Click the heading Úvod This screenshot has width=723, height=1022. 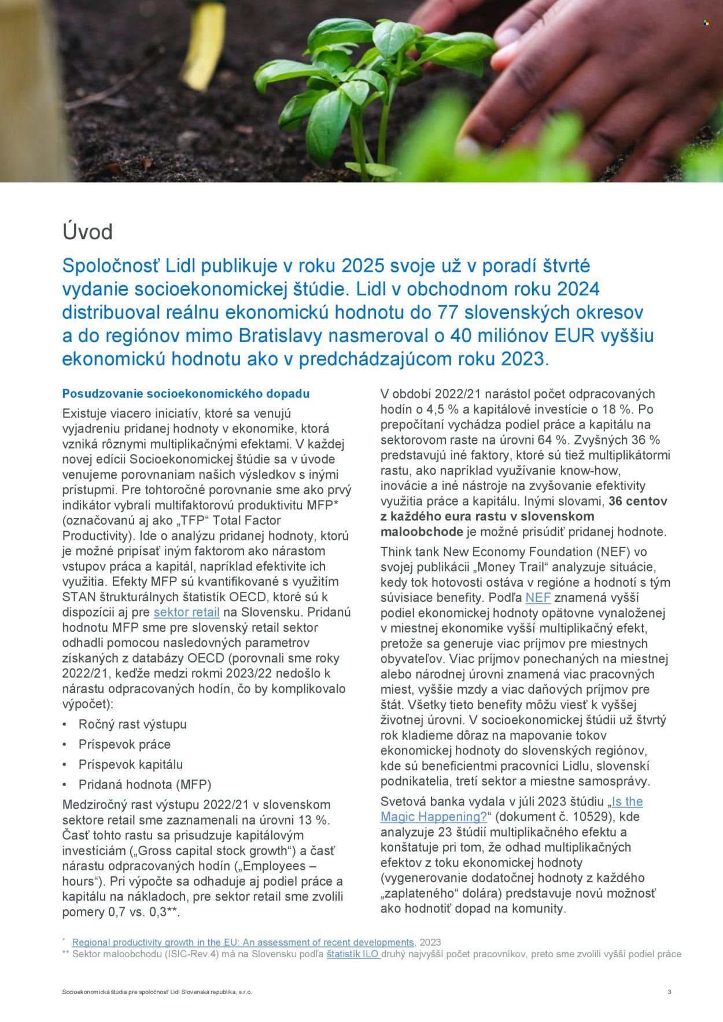[87, 232]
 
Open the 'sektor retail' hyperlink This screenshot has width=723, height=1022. [186, 612]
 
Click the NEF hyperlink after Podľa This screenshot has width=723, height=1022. [537, 598]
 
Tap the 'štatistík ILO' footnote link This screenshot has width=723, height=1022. [353, 954]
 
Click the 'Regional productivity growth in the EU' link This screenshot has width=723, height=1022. [243, 942]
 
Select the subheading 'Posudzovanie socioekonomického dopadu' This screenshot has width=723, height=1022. [186, 394]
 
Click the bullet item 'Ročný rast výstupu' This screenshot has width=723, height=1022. [132, 724]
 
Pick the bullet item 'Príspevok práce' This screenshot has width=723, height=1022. [124, 745]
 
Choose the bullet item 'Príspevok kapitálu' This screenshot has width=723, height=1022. [131, 764]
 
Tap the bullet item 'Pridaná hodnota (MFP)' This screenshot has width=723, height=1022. [145, 784]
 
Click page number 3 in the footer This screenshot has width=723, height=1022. [669, 992]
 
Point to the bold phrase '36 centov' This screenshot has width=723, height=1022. [637, 501]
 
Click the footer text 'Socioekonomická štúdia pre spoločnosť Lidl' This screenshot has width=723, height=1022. [157, 992]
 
